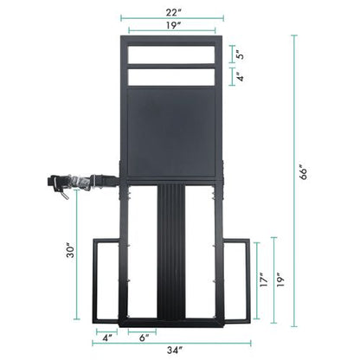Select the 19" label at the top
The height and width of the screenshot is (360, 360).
(x=171, y=26)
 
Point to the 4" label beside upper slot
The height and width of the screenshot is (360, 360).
(x=241, y=78)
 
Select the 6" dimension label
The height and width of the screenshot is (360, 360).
(x=143, y=336)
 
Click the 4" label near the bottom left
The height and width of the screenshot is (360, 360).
(x=108, y=336)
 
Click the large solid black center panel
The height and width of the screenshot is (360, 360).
(x=170, y=134)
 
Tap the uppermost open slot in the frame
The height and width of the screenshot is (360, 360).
(x=170, y=55)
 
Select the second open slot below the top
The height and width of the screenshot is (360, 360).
(x=170, y=77)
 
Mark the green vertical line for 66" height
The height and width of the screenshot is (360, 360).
(x=295, y=173)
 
